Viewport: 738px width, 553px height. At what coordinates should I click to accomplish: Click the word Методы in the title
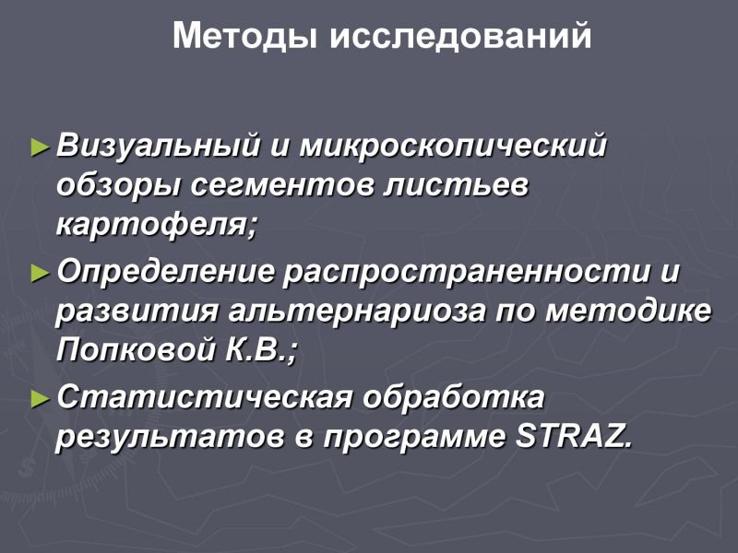[x=244, y=36]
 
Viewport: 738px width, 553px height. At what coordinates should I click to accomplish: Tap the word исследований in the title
[x=460, y=36]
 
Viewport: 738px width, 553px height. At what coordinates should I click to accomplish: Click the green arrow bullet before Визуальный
[x=41, y=147]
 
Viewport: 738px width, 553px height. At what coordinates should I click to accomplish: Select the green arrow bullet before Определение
[x=41, y=273]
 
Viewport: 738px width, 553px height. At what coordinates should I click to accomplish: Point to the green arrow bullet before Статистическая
[x=41, y=399]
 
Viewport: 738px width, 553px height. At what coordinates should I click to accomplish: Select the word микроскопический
[x=453, y=146]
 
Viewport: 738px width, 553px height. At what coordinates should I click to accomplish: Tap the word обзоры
[x=119, y=186]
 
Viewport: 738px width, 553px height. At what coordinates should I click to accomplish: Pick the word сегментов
[x=281, y=187]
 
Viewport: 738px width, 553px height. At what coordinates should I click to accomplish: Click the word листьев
[x=456, y=187]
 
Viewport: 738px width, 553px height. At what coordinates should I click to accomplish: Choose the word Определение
[x=165, y=271]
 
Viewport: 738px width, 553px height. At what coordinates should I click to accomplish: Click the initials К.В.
[x=256, y=350]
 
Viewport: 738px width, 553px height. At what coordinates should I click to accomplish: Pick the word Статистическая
[x=205, y=397]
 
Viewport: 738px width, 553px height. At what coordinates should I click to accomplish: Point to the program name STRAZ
[x=573, y=437]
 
